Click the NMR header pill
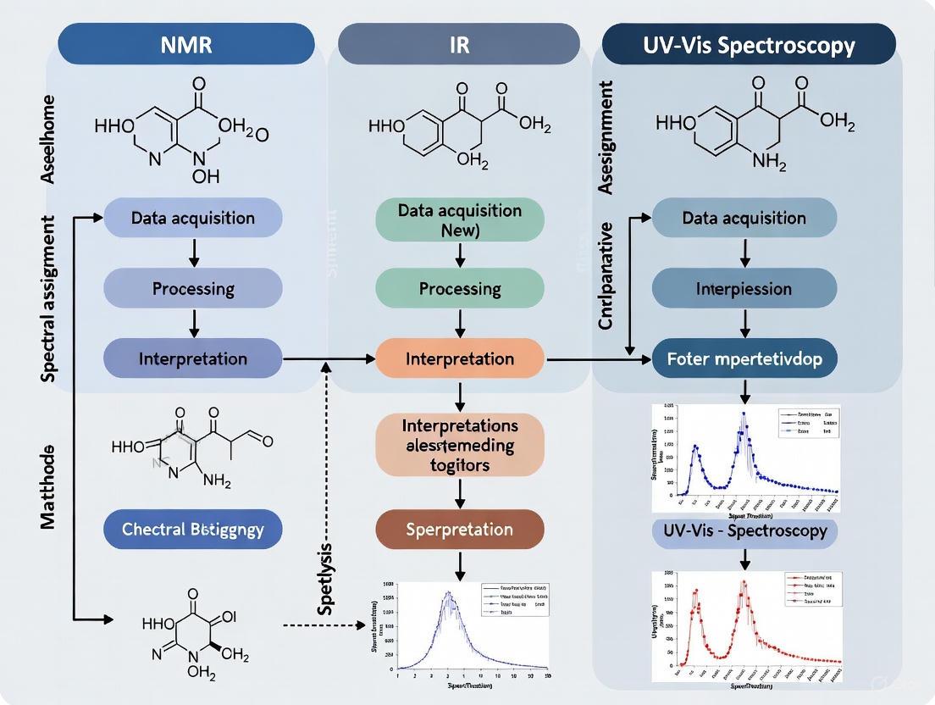point(186,44)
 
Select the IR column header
point(458,44)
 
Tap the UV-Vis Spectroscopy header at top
point(749,44)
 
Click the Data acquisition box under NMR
point(193,218)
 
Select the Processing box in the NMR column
point(193,288)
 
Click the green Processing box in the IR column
point(460,288)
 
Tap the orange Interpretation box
point(460,358)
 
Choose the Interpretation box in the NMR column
point(193,358)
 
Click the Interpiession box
point(744,288)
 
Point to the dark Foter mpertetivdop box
point(744,358)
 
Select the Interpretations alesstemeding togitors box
point(459,444)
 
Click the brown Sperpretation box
point(459,530)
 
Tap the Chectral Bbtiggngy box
point(193,530)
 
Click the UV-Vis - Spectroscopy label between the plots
point(744,532)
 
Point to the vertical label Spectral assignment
point(48,298)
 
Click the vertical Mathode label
point(48,486)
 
